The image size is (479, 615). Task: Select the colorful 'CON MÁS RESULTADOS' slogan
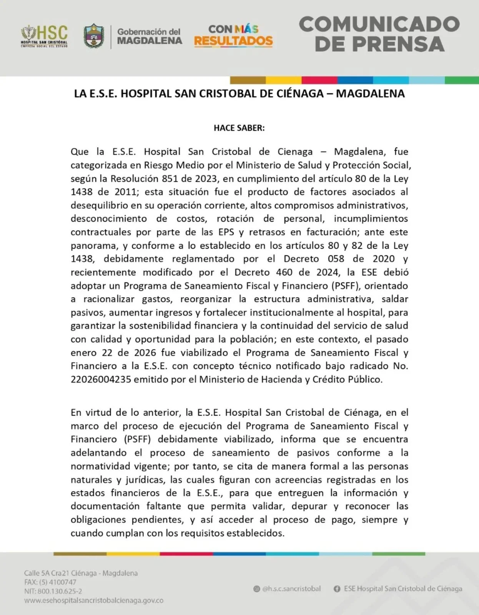coord(233,35)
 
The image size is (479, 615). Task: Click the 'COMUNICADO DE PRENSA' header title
coord(379,34)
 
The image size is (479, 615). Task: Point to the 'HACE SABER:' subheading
coord(239,128)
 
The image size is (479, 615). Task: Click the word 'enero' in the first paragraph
coord(83,352)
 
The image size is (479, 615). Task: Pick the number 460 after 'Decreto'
coord(284,272)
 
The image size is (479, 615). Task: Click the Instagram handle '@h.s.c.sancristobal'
coord(291,588)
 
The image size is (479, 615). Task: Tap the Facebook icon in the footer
coord(337,589)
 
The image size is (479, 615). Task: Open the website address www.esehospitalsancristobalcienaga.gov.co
coord(94,600)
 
